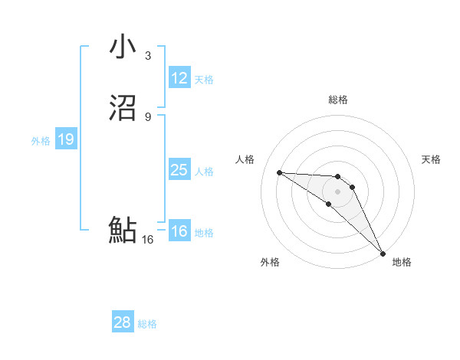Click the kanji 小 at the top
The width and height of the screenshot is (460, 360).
123,47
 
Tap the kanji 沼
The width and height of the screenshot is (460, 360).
123,108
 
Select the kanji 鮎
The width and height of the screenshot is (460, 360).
123,230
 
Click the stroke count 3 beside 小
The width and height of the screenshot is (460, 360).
148,55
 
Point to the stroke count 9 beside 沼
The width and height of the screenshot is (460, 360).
148,116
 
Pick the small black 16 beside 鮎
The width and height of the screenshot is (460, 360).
148,240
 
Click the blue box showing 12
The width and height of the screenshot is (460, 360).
179,78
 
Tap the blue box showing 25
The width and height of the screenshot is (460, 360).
179,170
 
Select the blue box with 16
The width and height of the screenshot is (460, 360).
179,231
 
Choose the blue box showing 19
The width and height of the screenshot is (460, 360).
66,139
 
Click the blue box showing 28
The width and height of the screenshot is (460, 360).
123,322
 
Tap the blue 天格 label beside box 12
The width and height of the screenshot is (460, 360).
204,80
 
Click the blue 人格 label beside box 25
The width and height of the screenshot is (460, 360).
204,172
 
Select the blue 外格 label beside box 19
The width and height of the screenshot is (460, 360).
41,141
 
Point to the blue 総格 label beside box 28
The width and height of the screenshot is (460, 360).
147,324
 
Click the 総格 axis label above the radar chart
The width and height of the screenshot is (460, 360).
338,100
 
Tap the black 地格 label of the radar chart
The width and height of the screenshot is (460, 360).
402,262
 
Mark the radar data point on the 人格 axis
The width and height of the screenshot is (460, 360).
280,172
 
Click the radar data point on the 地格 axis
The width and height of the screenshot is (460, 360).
383,253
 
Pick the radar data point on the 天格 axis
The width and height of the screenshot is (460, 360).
353,186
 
